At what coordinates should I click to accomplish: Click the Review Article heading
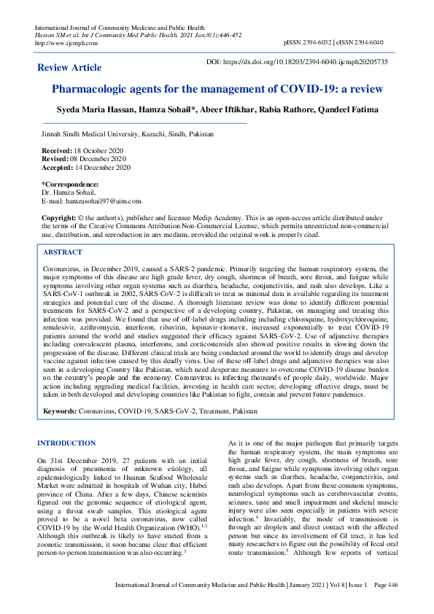[69, 68]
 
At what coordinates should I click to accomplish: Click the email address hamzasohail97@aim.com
[102, 201]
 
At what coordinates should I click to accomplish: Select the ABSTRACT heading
[63, 252]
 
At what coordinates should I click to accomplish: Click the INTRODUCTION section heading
[66, 443]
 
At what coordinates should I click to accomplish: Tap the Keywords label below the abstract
[60, 412]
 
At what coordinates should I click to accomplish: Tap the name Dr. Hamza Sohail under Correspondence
[69, 193]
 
